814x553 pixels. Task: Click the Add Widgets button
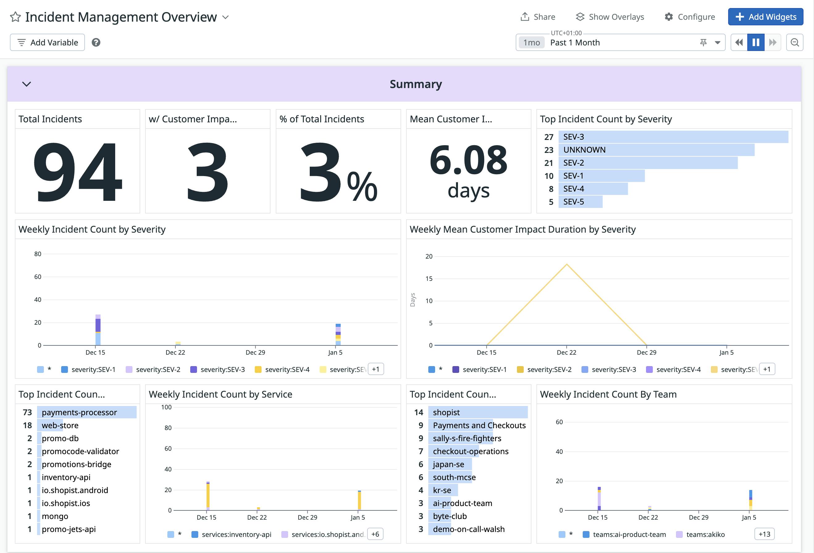[x=765, y=17]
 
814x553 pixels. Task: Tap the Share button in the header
[x=538, y=17]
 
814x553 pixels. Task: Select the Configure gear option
[x=689, y=17]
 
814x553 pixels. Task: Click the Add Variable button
[x=47, y=42]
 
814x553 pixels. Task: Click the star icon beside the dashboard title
[x=15, y=17]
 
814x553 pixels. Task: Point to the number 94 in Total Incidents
[x=78, y=172]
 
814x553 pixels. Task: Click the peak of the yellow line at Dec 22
[x=566, y=264]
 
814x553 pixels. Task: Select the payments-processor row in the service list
[x=86, y=412]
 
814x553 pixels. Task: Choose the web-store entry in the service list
[x=60, y=425]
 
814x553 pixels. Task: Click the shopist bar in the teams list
[x=477, y=412]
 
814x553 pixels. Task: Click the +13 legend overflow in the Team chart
[x=764, y=534]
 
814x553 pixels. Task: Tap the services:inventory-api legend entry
[x=236, y=534]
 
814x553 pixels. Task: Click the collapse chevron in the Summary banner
[x=27, y=84]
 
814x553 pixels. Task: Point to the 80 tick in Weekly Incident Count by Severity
[x=37, y=254]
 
